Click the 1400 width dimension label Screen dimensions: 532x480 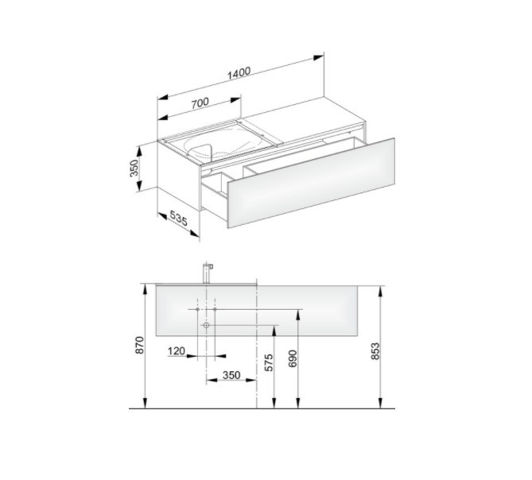239,74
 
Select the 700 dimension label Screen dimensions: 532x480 200,103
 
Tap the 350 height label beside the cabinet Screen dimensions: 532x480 134,168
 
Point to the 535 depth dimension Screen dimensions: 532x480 178,219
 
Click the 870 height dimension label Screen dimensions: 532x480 140,346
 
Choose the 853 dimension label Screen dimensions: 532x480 375,350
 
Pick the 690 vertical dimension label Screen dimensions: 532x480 293,358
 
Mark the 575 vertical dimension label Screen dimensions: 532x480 268,362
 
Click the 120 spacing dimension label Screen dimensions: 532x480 177,351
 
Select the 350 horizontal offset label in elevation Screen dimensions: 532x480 231,375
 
